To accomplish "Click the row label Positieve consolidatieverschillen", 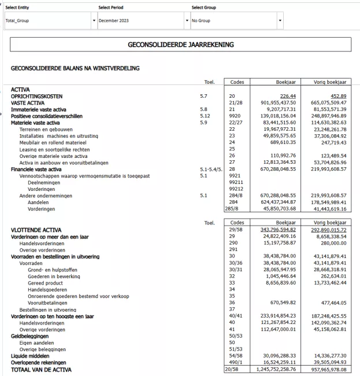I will click(x=47, y=116).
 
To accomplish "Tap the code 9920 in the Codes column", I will click(x=233, y=116).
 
